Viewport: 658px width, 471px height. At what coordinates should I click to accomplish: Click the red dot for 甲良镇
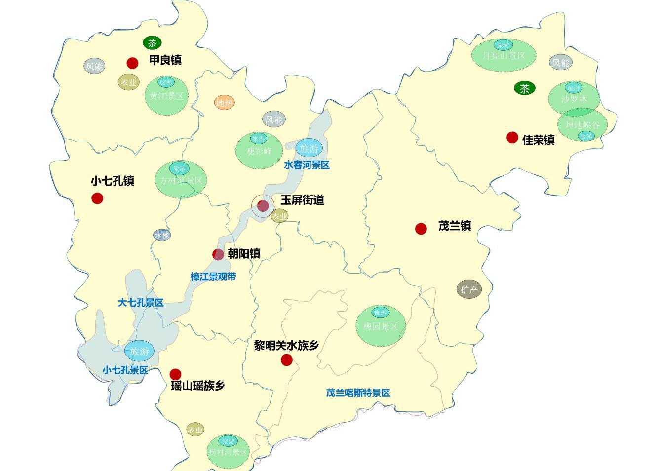coord(132,63)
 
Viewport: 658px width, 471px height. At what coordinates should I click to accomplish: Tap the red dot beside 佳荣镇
coord(512,137)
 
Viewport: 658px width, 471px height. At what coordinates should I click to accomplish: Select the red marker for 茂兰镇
coord(421,229)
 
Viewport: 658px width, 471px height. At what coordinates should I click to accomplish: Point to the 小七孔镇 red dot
coord(97,198)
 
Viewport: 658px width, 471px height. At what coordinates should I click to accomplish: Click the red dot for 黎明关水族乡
coord(287,360)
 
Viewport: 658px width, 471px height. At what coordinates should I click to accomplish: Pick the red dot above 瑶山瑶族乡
coord(175,374)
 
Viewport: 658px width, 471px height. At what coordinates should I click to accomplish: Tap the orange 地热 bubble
coord(225,103)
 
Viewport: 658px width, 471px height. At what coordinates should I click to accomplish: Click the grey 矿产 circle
coord(469,290)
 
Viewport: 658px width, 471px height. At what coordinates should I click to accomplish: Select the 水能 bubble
coord(162,235)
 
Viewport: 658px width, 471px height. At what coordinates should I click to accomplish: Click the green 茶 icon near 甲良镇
coord(153,43)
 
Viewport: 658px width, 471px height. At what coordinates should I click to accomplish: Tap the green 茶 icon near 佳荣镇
coord(525,88)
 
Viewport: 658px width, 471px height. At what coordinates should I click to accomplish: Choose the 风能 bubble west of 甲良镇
coord(94,66)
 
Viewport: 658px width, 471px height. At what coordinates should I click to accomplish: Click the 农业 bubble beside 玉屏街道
coord(279,216)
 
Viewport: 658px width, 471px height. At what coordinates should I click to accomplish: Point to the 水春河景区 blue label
coord(307,165)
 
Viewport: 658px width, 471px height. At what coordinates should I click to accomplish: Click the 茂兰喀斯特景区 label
coord(358,393)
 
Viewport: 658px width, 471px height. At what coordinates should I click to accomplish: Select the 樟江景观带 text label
coord(213,277)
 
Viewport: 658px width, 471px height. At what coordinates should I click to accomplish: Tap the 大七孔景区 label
coord(141,303)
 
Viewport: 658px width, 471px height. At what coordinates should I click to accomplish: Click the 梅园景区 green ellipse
coord(381,326)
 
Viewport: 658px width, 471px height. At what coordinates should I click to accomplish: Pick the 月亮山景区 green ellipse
coord(503,54)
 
